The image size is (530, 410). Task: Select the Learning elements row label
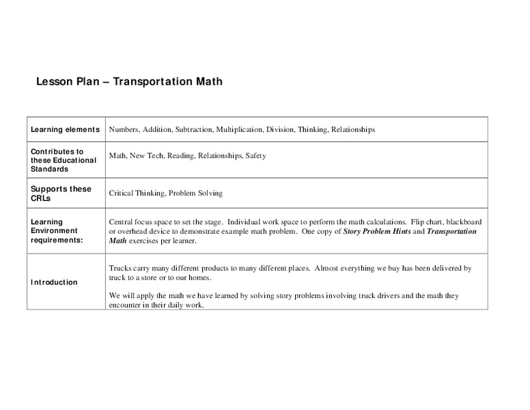point(65,129)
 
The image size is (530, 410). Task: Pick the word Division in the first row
point(280,129)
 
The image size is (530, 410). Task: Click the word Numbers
point(124,129)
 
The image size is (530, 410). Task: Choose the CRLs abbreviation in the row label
point(42,198)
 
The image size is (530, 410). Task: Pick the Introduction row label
point(54,282)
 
